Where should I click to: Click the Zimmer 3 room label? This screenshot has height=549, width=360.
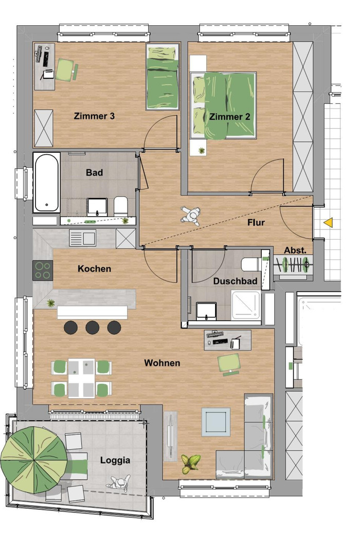[x=94, y=116]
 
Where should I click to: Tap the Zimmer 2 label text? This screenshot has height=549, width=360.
[x=230, y=117]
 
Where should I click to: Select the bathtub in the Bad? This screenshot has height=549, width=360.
[x=46, y=183]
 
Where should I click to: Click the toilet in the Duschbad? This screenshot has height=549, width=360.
[x=251, y=264]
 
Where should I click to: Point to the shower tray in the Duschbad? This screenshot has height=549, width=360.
[x=246, y=305]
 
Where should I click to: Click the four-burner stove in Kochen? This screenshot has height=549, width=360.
[x=43, y=270]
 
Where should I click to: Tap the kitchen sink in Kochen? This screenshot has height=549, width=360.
[x=82, y=238]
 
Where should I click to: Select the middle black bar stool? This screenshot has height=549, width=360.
[x=93, y=327]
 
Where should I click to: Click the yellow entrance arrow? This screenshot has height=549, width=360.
[x=328, y=223]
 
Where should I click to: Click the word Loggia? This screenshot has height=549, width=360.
[x=115, y=461]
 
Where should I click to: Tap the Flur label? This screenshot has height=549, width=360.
[x=256, y=222]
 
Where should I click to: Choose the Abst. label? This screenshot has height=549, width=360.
[x=295, y=251]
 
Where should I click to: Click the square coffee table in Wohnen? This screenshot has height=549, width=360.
[x=216, y=422]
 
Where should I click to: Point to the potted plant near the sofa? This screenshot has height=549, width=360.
[x=191, y=463]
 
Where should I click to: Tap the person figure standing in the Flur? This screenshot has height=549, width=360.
[x=191, y=215]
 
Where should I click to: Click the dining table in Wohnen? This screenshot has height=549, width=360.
[x=82, y=378]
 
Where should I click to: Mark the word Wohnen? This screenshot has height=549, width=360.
[x=162, y=363]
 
